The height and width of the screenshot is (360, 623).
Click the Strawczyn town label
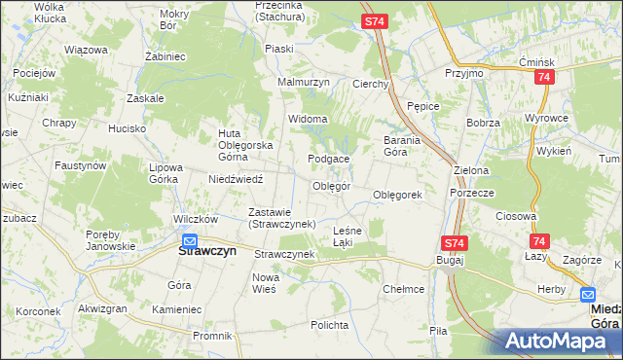pos(209,250)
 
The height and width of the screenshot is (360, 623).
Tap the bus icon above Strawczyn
pos(190,240)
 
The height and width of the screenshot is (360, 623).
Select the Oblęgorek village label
pos(397,195)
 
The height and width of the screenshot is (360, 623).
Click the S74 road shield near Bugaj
pos(454,243)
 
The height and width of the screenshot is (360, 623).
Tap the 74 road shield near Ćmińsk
pos(543,77)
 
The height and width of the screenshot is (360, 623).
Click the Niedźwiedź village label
pos(237,179)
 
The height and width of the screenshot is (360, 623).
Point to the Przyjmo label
pos(463,74)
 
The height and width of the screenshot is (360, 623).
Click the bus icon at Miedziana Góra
pos(589,295)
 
